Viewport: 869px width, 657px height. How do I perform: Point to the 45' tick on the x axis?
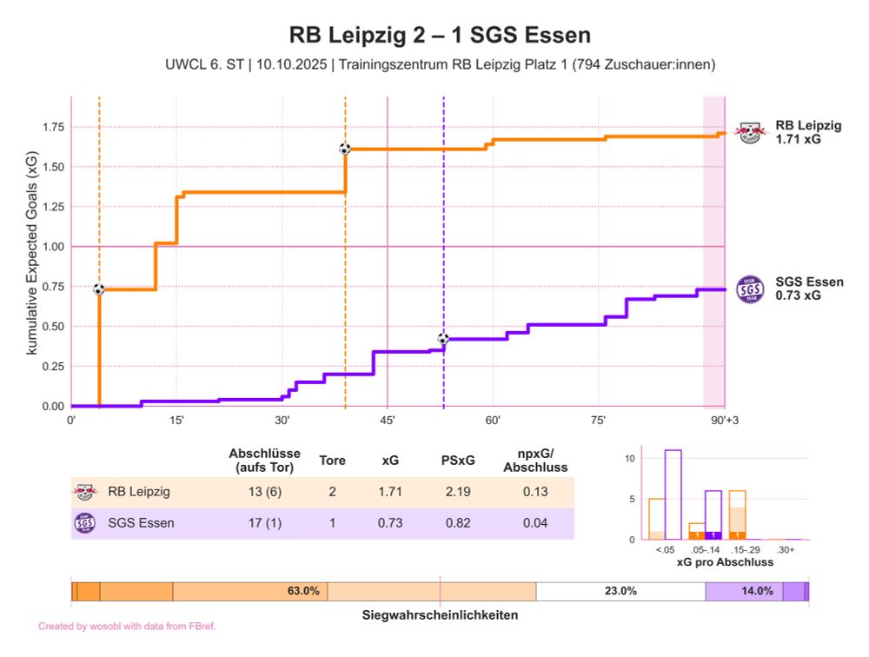tap(388, 421)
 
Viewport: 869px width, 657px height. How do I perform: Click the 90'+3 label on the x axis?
tap(725, 421)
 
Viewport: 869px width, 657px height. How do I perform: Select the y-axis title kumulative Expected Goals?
tap(32, 252)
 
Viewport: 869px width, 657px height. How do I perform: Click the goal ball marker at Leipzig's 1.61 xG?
tap(345, 149)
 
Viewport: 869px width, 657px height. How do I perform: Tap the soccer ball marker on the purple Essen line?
tap(443, 338)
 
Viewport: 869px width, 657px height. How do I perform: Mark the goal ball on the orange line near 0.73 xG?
tap(99, 289)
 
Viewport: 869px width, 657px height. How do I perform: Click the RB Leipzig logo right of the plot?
tap(748, 132)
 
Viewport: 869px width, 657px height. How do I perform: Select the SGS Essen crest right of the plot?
tap(748, 289)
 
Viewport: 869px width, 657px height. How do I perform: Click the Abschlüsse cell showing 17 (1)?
tap(264, 523)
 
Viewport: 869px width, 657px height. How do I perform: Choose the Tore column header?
tap(332, 461)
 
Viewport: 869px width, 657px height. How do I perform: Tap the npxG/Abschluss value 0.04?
tap(534, 523)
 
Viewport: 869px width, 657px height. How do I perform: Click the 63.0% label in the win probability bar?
tap(303, 591)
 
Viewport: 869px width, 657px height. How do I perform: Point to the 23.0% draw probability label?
tap(620, 591)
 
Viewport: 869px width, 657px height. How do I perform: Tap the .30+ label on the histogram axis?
tap(786, 550)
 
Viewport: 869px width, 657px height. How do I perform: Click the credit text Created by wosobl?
tap(127, 626)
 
